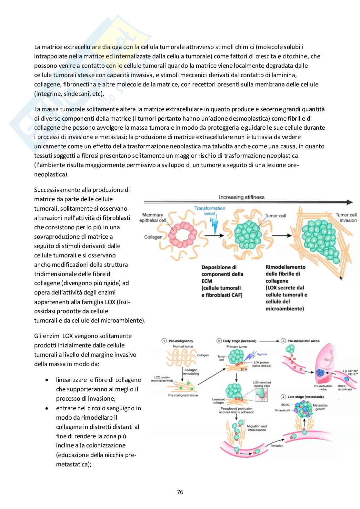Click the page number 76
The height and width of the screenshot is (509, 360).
(180, 492)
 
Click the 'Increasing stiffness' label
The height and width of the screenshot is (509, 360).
(242, 197)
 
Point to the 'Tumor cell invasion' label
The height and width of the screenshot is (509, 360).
(346, 217)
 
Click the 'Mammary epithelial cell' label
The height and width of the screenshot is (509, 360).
(153, 217)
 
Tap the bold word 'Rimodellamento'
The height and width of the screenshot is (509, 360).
(285, 267)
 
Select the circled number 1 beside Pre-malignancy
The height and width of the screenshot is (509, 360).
(164, 341)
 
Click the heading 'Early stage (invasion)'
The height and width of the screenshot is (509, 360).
(239, 341)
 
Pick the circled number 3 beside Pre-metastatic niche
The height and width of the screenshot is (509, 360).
(283, 341)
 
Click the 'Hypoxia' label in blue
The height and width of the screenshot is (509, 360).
(262, 354)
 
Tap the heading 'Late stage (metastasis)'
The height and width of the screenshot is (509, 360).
(305, 397)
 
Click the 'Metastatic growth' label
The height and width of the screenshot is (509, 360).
(320, 407)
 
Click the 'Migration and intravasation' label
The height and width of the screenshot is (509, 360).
(256, 428)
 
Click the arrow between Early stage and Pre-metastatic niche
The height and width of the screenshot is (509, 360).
(269, 341)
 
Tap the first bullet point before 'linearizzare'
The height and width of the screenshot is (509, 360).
(47, 380)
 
